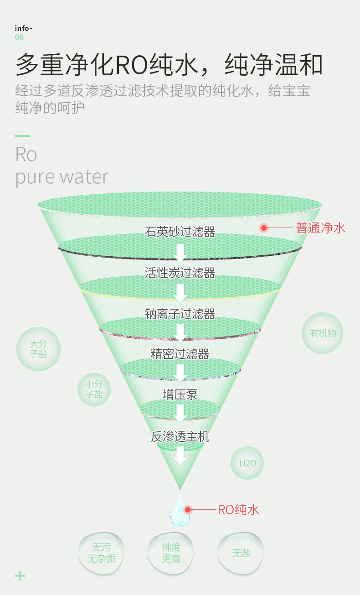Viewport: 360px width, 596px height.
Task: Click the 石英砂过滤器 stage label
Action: (x=180, y=232)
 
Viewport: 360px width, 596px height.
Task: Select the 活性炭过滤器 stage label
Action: (x=180, y=273)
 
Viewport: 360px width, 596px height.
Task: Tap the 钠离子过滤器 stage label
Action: (x=180, y=314)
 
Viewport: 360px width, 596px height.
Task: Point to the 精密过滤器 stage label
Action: (x=180, y=354)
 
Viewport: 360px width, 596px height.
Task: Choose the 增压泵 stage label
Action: (x=180, y=394)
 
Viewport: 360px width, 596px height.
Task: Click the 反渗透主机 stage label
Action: (x=180, y=436)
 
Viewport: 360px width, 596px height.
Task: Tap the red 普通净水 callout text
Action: (x=320, y=228)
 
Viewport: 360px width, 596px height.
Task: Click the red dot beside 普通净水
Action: (x=264, y=228)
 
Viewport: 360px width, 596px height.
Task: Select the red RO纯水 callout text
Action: (x=238, y=510)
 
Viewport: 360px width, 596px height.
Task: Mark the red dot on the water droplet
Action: (x=188, y=509)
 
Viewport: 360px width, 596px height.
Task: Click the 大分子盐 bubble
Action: (x=39, y=349)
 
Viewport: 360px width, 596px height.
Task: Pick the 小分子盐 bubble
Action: (x=94, y=389)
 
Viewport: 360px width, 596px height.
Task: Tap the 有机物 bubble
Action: (x=322, y=333)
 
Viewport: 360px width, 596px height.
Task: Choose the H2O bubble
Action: (x=247, y=463)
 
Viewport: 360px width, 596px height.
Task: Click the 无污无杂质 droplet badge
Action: (x=101, y=553)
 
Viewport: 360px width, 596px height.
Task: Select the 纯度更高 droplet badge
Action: (x=171, y=553)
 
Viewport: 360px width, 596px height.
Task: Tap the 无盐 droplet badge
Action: (x=241, y=553)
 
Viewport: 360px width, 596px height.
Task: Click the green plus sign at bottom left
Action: (x=20, y=576)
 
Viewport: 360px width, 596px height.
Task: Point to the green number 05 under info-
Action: (x=19, y=37)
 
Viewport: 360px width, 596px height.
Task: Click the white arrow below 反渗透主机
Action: (x=180, y=456)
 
